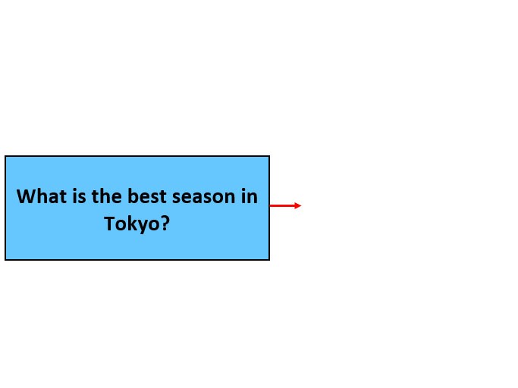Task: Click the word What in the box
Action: tap(42, 196)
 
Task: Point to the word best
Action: tap(147, 196)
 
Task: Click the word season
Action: tap(202, 197)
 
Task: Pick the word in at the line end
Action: tap(249, 196)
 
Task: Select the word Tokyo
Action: tap(132, 224)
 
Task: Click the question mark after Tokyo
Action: tap(165, 224)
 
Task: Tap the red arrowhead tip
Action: tap(301, 205)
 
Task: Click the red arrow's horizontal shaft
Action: tap(282, 205)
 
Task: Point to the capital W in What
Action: tap(27, 196)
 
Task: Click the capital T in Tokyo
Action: tap(109, 224)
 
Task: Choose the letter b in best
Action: tap(133, 196)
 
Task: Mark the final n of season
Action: tap(230, 198)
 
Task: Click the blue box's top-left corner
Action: tap(5, 156)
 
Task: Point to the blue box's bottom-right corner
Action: tap(269, 260)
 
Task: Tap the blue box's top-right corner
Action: tap(269, 156)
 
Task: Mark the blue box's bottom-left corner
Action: tap(5, 260)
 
